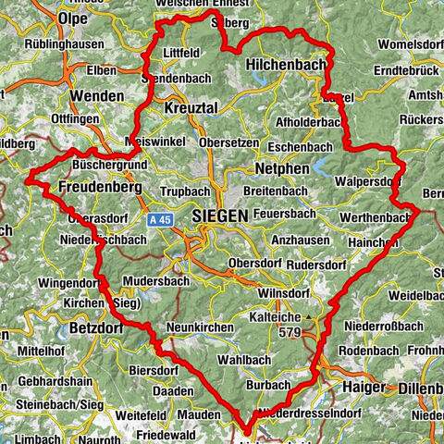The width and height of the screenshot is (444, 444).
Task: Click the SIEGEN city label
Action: [x=221, y=215]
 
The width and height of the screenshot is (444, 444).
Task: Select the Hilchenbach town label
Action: [x=286, y=66]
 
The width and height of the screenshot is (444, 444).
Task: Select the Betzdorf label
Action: [x=95, y=328]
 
